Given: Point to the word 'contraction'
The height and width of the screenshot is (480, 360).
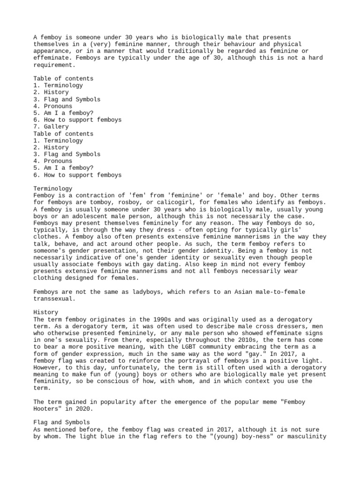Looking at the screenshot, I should pos(89,195).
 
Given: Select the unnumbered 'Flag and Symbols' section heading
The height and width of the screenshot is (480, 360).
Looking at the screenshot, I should pos(61,423).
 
